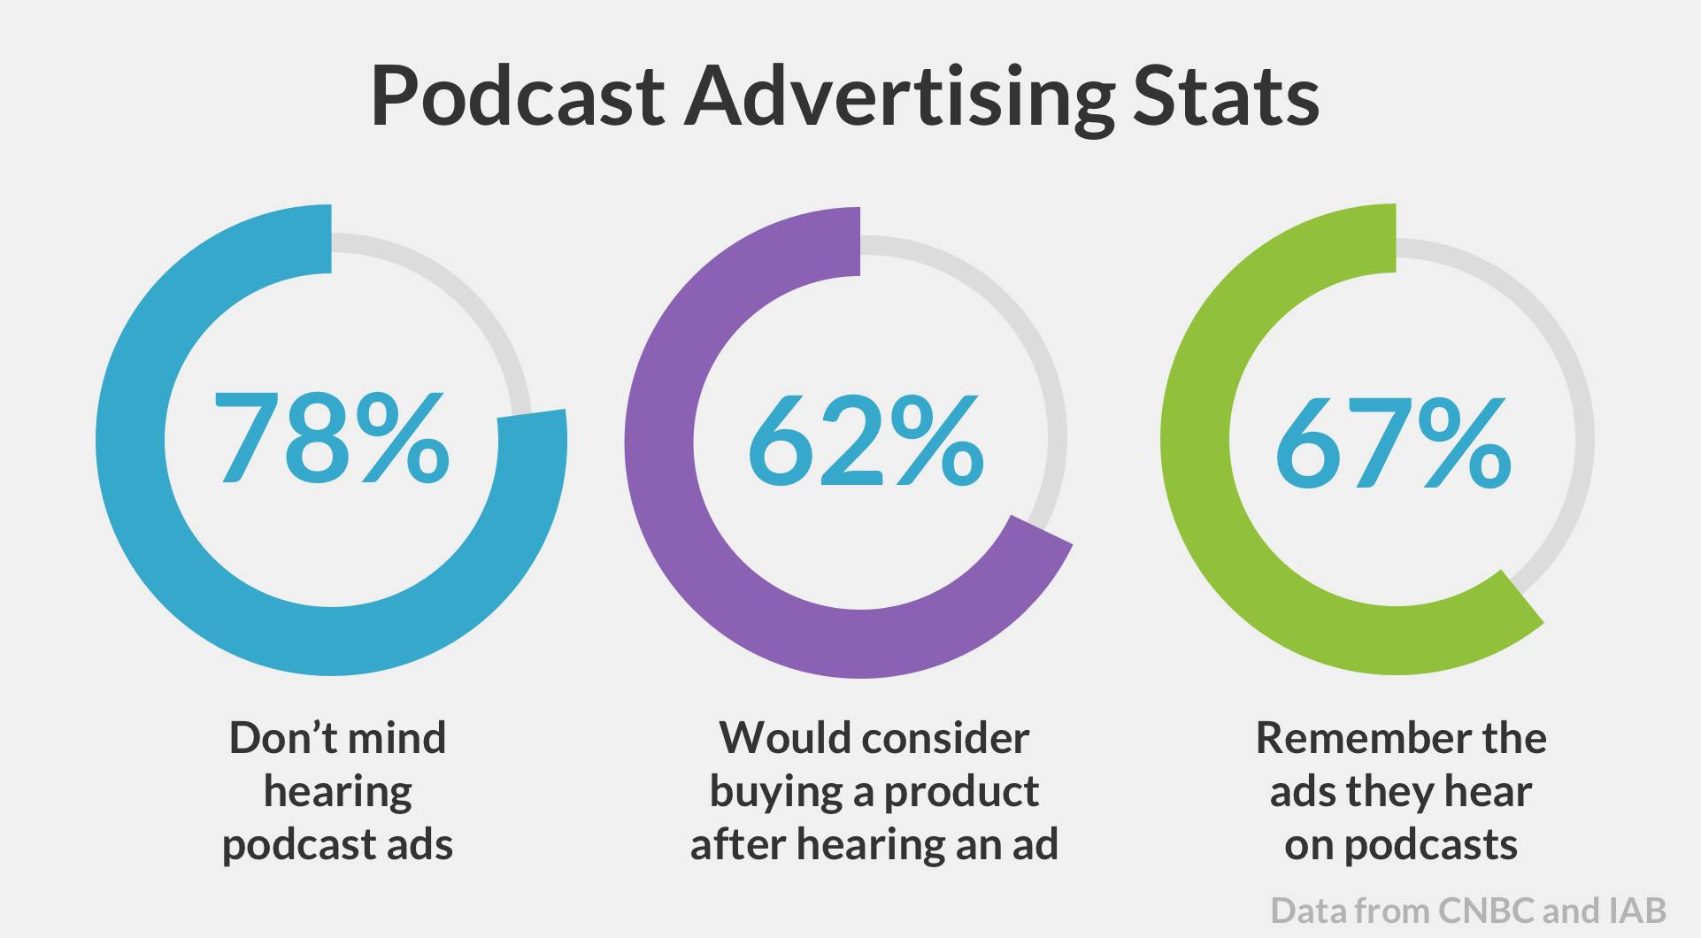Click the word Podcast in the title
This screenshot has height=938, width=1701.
(517, 96)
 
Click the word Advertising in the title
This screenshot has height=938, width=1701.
(898, 97)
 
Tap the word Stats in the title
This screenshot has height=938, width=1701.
(1226, 96)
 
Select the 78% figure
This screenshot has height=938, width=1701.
(332, 440)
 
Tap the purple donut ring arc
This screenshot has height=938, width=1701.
(659, 442)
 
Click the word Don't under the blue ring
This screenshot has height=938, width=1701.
(275, 738)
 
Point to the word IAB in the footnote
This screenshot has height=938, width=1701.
(1636, 911)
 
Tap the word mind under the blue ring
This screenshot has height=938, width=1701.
(396, 738)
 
